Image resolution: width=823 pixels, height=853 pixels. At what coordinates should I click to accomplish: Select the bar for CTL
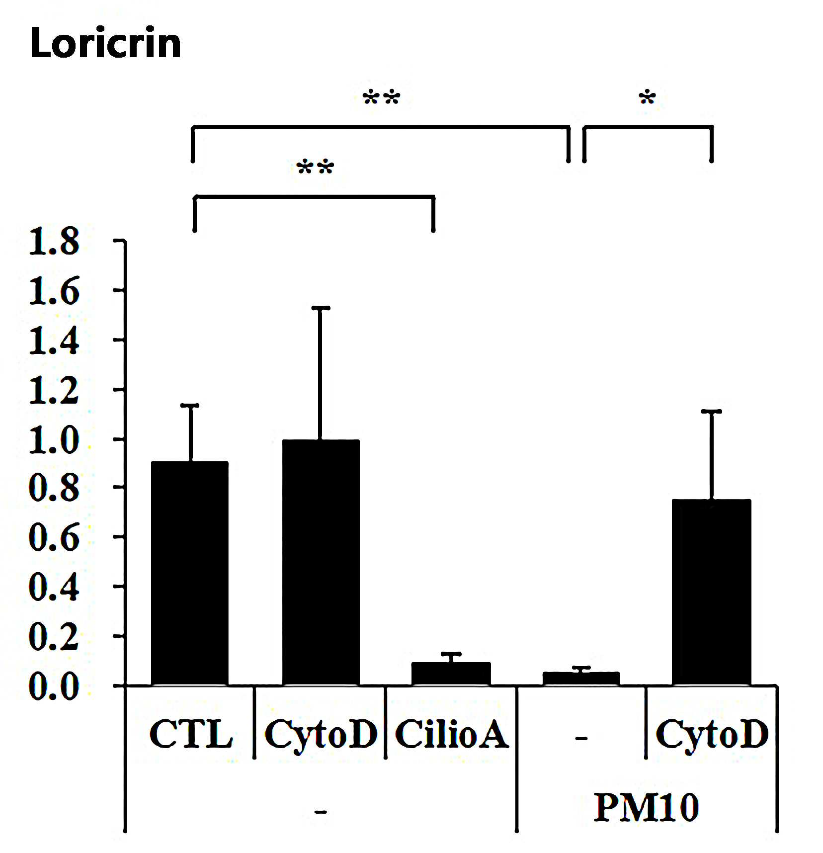190,574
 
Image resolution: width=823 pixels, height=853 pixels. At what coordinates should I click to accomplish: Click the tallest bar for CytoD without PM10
321,563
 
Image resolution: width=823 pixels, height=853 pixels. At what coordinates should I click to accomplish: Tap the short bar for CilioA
451,674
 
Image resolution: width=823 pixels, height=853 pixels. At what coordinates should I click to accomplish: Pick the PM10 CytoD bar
712,593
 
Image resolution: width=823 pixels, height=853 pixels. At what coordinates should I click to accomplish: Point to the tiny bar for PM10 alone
581,679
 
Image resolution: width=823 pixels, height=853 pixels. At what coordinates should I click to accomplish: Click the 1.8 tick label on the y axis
54,242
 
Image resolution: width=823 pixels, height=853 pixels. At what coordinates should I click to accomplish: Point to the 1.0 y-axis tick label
54,439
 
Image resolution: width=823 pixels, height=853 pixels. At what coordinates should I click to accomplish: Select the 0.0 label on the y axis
54,686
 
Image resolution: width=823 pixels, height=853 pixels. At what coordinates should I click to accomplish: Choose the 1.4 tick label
54,340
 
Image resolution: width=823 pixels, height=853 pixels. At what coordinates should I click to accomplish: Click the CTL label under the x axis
191,734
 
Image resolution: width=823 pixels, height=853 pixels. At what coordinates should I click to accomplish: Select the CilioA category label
451,734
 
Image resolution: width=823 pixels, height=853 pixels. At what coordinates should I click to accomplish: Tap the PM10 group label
646,807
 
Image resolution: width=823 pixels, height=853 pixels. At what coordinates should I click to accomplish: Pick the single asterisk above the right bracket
647,97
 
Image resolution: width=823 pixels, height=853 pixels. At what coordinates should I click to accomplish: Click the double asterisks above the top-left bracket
381,97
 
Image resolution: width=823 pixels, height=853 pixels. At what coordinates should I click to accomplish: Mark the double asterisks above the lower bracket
315,167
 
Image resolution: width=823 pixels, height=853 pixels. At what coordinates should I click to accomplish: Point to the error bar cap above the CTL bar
190,406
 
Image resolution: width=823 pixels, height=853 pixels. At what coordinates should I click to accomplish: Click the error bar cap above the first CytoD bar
321,308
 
